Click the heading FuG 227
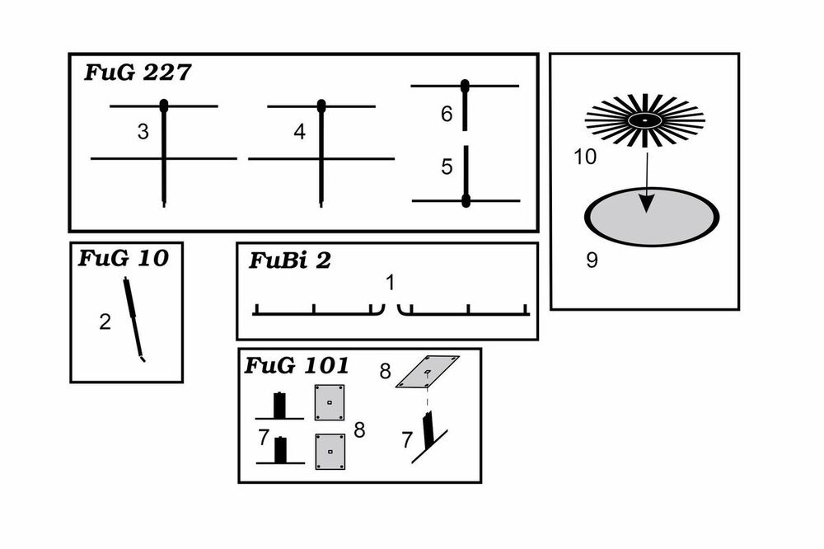[138, 73]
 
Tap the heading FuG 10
[123, 258]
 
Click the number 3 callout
[143, 132]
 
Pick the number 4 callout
[299, 132]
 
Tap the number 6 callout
[447, 114]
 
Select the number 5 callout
[447, 167]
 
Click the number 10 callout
[584, 157]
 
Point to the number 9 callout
[592, 260]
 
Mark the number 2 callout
[105, 321]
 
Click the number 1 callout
[391, 283]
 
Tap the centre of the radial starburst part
[645, 120]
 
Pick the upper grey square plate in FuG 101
[330, 402]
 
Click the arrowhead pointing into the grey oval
[648, 204]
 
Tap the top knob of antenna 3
[164, 105]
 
